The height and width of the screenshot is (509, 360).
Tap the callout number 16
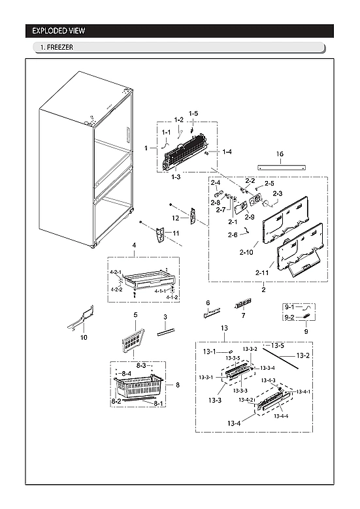click(280, 154)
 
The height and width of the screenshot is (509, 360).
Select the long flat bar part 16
click(282, 167)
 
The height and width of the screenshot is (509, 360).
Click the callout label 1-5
click(193, 114)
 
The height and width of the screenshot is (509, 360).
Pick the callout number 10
click(84, 338)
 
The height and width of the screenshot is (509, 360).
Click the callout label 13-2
click(303, 355)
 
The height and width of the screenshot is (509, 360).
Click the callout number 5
click(135, 315)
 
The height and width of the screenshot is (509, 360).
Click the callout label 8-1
click(158, 404)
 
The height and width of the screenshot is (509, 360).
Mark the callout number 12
click(176, 218)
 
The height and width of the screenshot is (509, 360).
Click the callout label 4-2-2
click(116, 289)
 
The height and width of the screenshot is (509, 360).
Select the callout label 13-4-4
click(282, 416)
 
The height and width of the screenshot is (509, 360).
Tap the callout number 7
click(243, 316)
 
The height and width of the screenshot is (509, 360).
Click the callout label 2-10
click(247, 252)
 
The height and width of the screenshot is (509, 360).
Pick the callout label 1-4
click(227, 152)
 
